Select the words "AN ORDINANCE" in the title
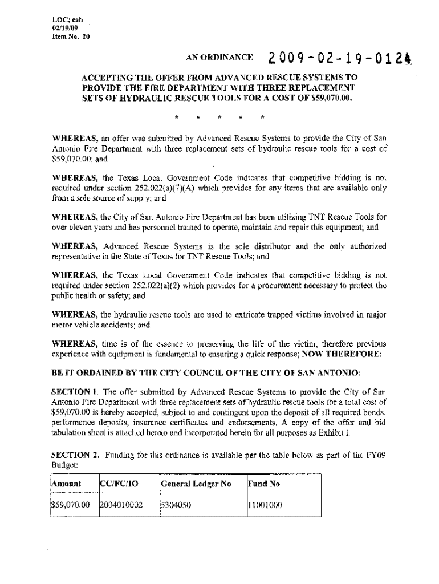(219, 59)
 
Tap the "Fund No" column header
(262, 484)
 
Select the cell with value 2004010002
(121, 504)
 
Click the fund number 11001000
(266, 504)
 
